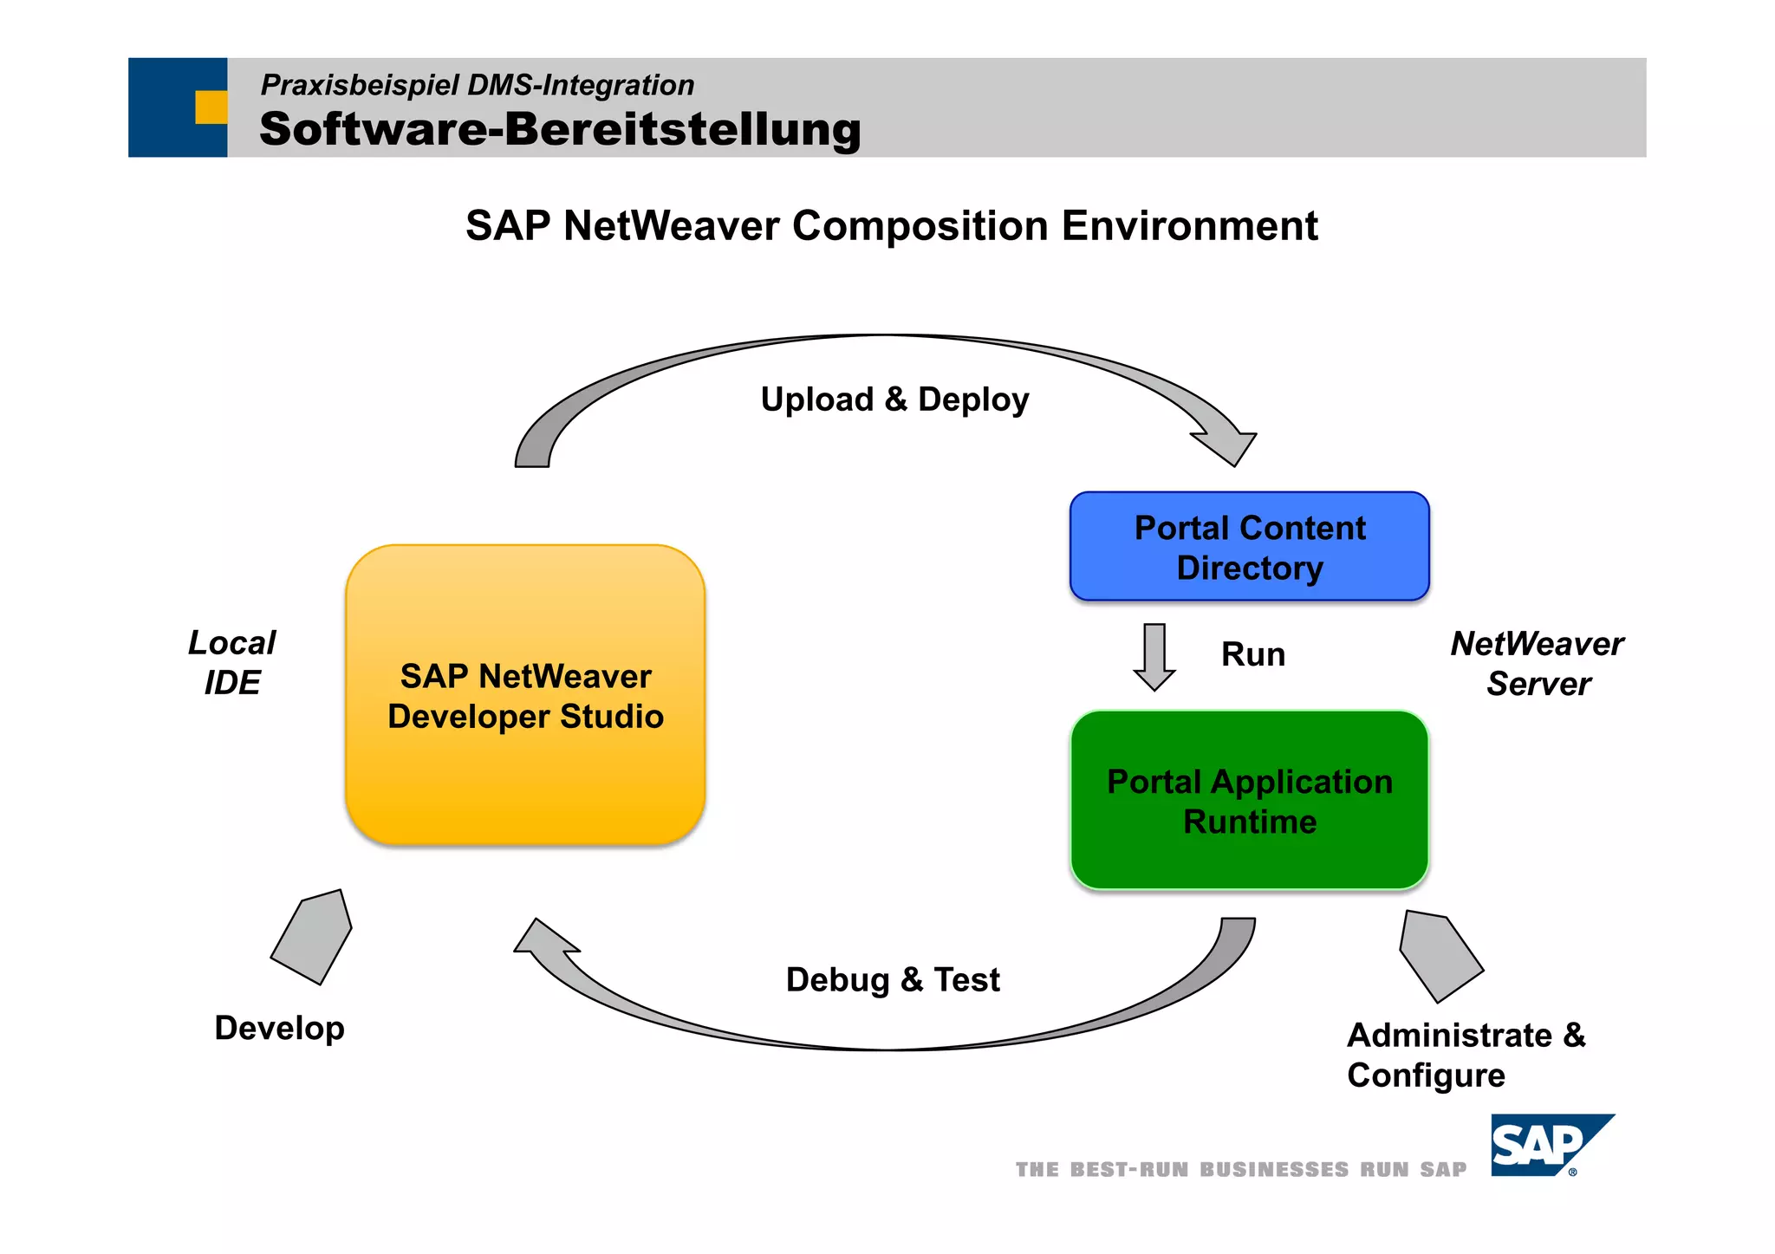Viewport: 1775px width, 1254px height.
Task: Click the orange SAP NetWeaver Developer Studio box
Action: click(525, 695)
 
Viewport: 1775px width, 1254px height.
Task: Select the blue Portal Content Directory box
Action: click(1249, 547)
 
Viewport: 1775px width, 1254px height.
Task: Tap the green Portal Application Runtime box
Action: click(1249, 801)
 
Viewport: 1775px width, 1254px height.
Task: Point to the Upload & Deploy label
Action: click(894, 400)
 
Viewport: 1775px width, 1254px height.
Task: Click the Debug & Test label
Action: click(892, 980)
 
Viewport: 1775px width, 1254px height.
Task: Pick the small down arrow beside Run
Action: click(1154, 657)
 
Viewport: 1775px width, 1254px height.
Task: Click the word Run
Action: click(1252, 654)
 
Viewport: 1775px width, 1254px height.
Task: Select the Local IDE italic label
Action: click(231, 663)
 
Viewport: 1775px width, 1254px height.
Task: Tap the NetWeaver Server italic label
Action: click(1538, 664)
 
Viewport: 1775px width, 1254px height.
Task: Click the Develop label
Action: click(279, 1028)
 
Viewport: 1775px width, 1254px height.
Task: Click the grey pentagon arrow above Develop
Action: click(313, 937)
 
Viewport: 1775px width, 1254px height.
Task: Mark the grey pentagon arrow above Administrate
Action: click(1439, 956)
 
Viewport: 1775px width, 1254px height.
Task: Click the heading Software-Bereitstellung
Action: click(560, 129)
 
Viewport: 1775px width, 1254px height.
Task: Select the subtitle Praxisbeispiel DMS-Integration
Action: click(477, 85)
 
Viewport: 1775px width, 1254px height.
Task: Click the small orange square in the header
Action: click(211, 107)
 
